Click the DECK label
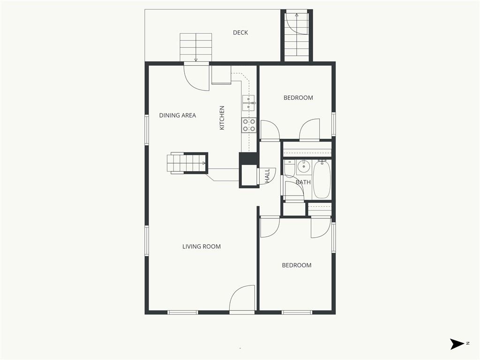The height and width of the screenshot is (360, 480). click(240, 32)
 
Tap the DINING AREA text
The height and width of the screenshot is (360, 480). click(178, 115)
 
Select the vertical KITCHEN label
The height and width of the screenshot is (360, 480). click(222, 118)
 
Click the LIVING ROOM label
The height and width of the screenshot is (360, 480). click(202, 247)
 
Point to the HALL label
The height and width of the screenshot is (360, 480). click(267, 176)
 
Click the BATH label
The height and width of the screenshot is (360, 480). click(303, 182)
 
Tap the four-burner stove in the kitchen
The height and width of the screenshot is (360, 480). click(249, 125)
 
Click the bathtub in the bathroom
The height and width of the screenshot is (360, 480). click(322, 180)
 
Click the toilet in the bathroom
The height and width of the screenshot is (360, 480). click(289, 168)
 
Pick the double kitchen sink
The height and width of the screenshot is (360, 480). click(248, 103)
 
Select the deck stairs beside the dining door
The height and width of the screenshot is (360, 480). click(195, 47)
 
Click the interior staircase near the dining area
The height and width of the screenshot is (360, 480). click(186, 163)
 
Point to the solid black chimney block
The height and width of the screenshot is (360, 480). click(248, 158)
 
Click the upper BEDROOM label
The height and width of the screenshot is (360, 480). click(298, 98)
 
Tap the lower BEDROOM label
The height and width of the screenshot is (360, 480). click(297, 265)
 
